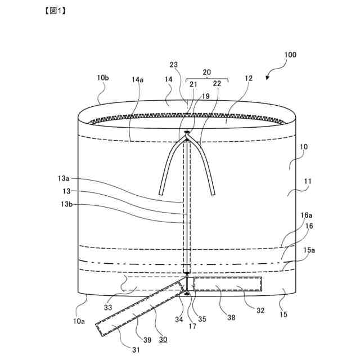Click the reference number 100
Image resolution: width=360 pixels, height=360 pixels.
[x=291, y=55]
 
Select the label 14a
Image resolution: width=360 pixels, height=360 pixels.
[x=138, y=80]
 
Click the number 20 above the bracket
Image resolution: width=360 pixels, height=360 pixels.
[x=206, y=73]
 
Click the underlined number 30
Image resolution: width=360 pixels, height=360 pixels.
[x=163, y=340]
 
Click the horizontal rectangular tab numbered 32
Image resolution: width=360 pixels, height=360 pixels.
[x=228, y=283]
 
